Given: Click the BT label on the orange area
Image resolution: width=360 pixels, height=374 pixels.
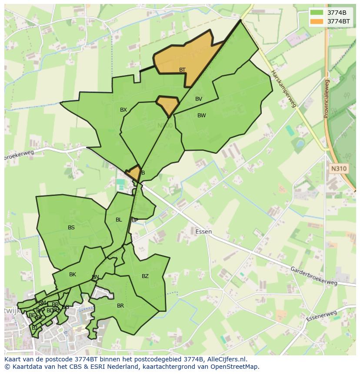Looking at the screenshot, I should point(182,70).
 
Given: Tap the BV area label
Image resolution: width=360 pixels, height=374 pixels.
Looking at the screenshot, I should point(199,99).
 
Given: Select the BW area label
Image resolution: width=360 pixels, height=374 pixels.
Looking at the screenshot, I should point(201,116).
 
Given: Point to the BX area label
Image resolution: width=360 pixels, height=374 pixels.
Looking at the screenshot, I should point(123,110).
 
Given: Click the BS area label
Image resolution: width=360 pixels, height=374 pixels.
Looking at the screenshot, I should point(71,227).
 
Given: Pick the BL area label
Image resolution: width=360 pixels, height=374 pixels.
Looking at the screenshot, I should point(119,220).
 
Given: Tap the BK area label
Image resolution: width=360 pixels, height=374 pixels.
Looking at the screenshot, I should point(73,275).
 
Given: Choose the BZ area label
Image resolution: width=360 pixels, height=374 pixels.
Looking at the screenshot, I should point(145,276).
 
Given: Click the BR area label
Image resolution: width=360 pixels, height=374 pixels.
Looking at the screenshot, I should point(120,306).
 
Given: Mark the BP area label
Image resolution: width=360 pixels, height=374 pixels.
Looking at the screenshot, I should point(135,220).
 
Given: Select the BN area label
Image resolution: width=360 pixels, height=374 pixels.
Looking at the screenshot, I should point(95,277).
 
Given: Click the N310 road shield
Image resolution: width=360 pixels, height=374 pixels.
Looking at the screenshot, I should point(339,169).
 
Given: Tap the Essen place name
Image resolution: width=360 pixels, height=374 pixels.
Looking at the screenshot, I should point(203,232).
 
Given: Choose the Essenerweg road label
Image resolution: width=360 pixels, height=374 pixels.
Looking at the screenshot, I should point(321,316).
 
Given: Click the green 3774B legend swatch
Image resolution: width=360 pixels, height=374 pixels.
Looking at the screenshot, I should point(317,13).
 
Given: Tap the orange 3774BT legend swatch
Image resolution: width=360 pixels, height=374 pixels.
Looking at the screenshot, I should point(317,21).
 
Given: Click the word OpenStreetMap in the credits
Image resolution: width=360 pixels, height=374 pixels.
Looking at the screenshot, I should point(236,366).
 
